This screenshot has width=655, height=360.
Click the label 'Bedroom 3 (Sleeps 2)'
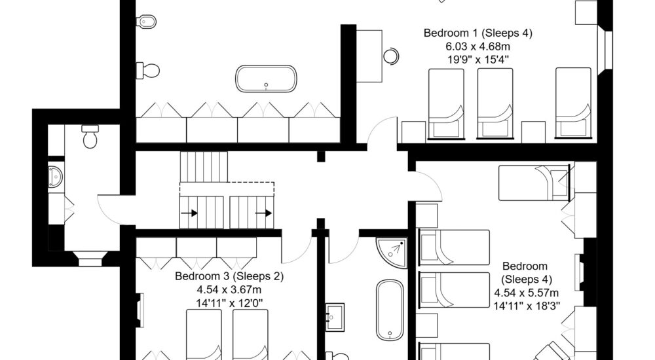click(x=229, y=276)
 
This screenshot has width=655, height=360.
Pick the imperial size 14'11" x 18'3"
click(x=527, y=305)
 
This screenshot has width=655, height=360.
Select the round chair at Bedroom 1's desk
click(x=391, y=56)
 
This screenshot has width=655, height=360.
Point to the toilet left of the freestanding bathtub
click(x=149, y=69)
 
